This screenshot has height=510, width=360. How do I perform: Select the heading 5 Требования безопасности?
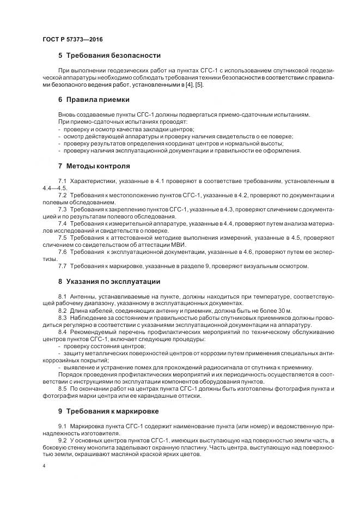108,56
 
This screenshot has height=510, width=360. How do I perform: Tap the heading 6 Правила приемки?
94,100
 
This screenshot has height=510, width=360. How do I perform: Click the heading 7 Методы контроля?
94,166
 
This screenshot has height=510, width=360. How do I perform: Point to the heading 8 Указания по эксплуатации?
108,282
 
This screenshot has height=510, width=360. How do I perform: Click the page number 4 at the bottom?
44,467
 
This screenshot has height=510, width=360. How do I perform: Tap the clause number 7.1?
62,180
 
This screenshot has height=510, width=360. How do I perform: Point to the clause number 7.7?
62,266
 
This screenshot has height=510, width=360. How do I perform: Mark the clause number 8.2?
62,310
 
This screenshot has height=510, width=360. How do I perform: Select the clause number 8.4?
62,331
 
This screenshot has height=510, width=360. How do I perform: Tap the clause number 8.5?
62,388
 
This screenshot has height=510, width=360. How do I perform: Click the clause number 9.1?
62,425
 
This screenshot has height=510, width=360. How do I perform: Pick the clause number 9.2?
62,439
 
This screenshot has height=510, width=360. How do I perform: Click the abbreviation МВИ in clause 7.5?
178,245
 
